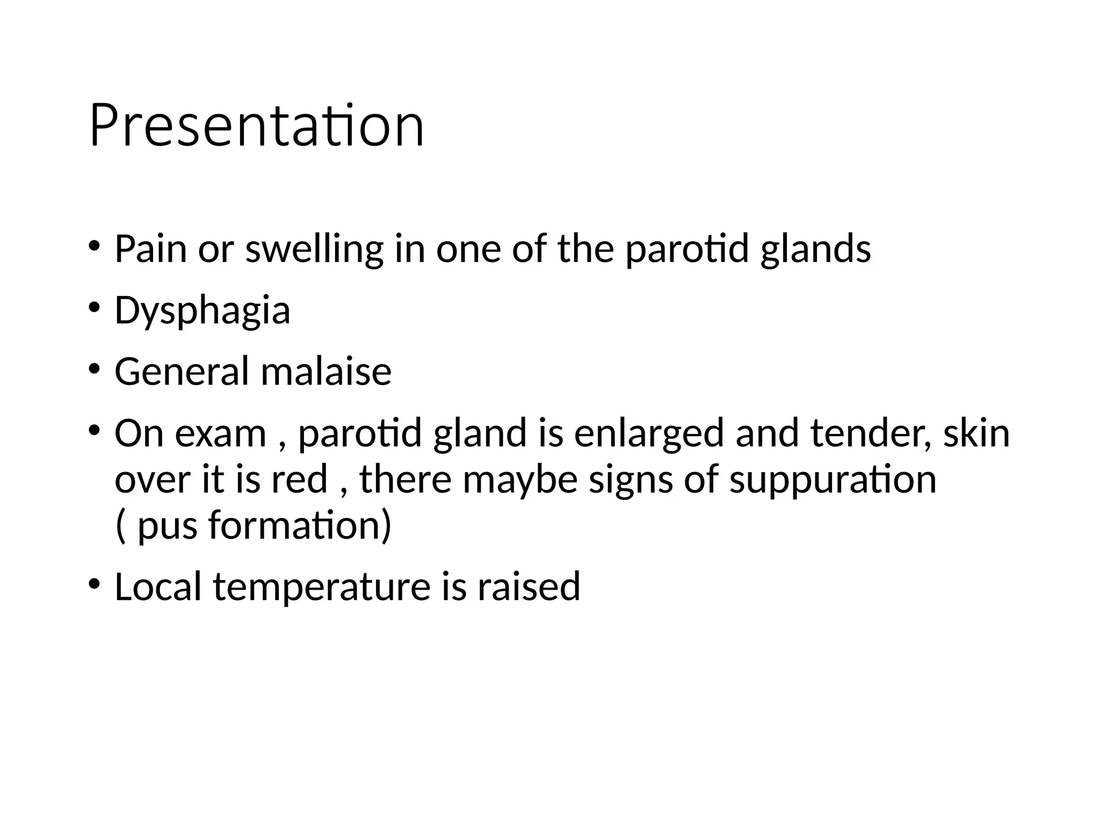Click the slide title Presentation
click(257, 126)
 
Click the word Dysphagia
click(202, 312)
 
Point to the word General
click(182, 372)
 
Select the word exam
click(220, 434)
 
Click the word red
click(299, 479)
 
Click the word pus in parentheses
click(167, 526)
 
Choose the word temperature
click(322, 588)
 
